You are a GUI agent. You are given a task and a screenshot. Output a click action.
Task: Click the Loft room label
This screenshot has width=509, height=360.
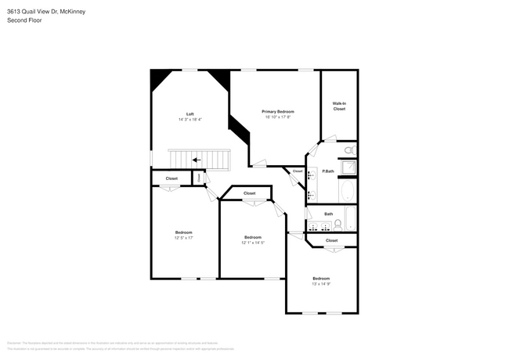[190, 113]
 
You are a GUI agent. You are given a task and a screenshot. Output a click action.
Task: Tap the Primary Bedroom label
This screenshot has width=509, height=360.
[278, 112]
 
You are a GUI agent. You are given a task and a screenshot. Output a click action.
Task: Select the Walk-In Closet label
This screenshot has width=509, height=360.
[339, 106]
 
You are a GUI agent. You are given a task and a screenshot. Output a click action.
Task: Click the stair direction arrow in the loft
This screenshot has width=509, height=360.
[196, 160]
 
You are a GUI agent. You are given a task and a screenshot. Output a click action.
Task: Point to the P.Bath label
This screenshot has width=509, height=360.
[329, 171]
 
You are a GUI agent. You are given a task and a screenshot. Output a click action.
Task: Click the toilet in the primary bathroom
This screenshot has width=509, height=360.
[350, 149]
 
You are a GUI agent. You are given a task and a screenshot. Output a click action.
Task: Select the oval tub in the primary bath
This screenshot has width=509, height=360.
[347, 192]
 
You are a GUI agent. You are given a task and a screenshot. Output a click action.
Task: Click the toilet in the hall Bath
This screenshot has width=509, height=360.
[338, 224]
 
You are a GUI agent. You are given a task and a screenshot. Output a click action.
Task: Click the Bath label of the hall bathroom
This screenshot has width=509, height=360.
[329, 214]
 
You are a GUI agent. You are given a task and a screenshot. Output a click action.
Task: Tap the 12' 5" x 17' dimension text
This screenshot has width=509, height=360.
[183, 238]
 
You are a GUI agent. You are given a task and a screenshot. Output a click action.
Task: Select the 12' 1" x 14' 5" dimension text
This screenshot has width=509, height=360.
[252, 243]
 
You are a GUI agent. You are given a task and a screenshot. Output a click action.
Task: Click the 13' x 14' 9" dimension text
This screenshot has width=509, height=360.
[321, 284]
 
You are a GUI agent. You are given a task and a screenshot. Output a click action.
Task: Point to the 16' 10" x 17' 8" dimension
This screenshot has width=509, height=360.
[278, 117]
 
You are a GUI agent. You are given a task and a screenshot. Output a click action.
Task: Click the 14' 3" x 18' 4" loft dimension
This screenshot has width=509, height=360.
[190, 119]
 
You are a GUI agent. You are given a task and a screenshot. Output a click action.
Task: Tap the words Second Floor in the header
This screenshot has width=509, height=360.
[26, 20]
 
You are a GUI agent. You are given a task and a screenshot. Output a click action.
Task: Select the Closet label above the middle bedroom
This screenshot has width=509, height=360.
[249, 193]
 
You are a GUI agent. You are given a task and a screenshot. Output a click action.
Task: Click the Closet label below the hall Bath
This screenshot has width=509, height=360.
[331, 240]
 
